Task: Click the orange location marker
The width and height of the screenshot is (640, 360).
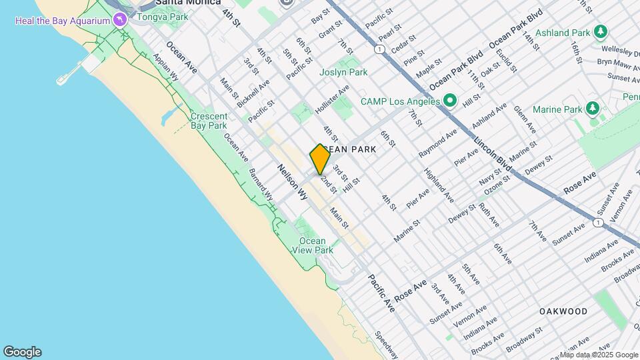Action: [x=320, y=159]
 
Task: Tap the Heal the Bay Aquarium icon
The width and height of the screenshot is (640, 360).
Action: [x=120, y=19]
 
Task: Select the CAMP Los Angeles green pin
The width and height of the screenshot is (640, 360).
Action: [x=450, y=101]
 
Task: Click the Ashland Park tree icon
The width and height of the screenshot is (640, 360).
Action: [x=601, y=32]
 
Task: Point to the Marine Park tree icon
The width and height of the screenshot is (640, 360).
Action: [x=592, y=109]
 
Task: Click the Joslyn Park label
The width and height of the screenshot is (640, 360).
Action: [x=344, y=72]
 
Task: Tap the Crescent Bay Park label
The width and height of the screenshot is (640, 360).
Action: [x=209, y=121]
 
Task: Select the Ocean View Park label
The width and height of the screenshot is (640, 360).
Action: [x=312, y=245]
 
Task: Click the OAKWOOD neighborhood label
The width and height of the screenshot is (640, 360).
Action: [x=563, y=311]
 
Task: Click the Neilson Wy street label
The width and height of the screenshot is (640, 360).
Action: [x=292, y=183]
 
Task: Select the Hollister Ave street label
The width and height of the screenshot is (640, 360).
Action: [x=333, y=98]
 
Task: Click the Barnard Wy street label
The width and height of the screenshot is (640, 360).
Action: [x=261, y=183]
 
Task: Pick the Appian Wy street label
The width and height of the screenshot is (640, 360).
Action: [x=166, y=67]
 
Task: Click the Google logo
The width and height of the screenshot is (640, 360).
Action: [x=22, y=352]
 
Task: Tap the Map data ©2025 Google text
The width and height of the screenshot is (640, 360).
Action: [x=599, y=355]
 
